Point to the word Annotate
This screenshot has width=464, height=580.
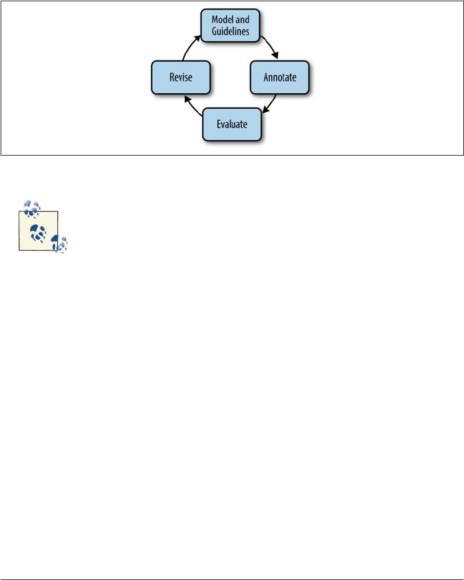pyautogui.click(x=279, y=78)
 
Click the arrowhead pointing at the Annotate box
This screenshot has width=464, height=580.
pyautogui.click(x=276, y=57)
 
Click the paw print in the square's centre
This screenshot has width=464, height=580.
pyautogui.click(x=37, y=234)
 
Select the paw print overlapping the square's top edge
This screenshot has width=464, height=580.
pyautogui.click(x=31, y=208)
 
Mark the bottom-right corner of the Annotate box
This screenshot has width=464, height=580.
pyautogui.click(x=310, y=93)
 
